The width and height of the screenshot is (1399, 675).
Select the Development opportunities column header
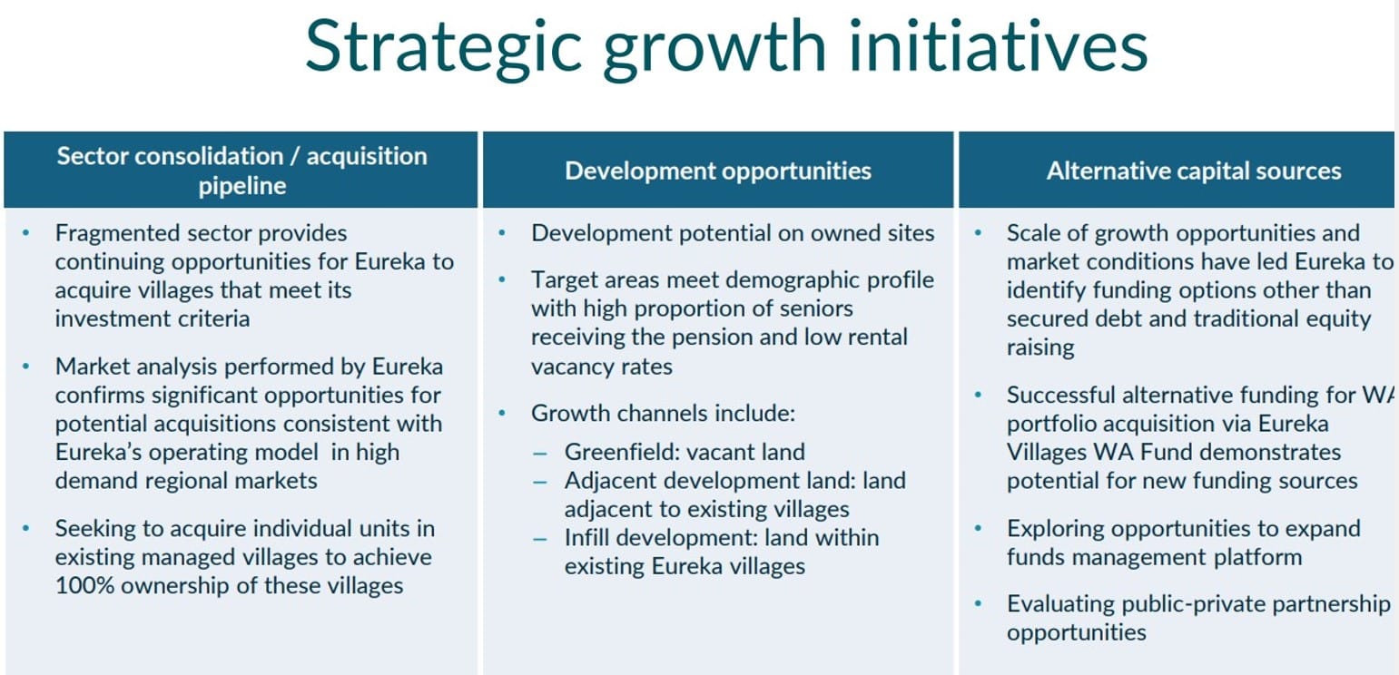718,171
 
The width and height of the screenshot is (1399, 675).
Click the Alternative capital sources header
1194,171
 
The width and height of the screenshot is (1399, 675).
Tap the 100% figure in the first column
84,586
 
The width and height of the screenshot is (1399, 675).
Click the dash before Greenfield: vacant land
540,454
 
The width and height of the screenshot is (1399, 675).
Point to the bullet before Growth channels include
501,414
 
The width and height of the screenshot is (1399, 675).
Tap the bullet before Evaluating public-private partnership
978,604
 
